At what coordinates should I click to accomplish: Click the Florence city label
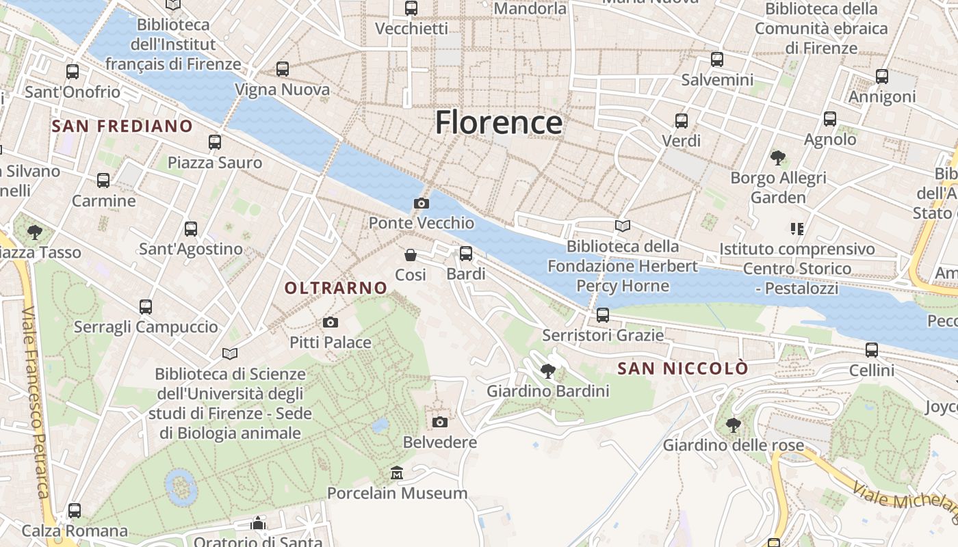499,123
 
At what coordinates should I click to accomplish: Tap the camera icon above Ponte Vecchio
422,203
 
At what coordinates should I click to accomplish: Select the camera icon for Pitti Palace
331,322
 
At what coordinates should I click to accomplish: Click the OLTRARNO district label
336,289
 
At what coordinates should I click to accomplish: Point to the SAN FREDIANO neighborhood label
122,126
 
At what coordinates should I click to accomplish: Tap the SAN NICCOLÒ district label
682,369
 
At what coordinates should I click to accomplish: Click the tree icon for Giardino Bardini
547,371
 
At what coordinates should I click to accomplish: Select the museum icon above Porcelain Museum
397,472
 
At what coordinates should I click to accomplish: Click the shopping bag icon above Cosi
411,255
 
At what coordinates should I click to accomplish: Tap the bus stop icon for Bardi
466,254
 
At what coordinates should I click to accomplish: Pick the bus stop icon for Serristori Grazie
603,315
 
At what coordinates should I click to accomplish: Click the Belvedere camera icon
440,422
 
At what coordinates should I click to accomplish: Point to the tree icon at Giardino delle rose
733,425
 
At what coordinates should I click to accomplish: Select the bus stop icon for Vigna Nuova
283,69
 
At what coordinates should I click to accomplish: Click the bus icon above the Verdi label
682,121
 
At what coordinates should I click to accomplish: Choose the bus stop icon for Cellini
872,350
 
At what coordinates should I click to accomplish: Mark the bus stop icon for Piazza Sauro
215,142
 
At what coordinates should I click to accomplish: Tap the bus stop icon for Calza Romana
75,511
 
